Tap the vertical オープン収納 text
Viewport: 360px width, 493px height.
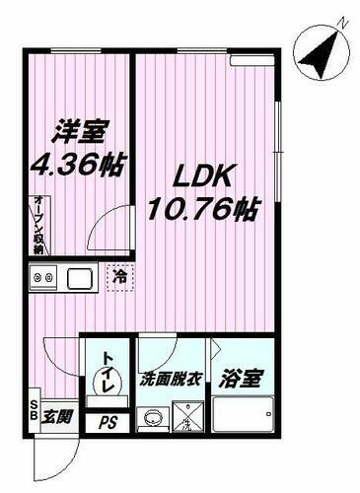[x=36, y=226]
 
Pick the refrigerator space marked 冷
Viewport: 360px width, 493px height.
[x=118, y=280]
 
